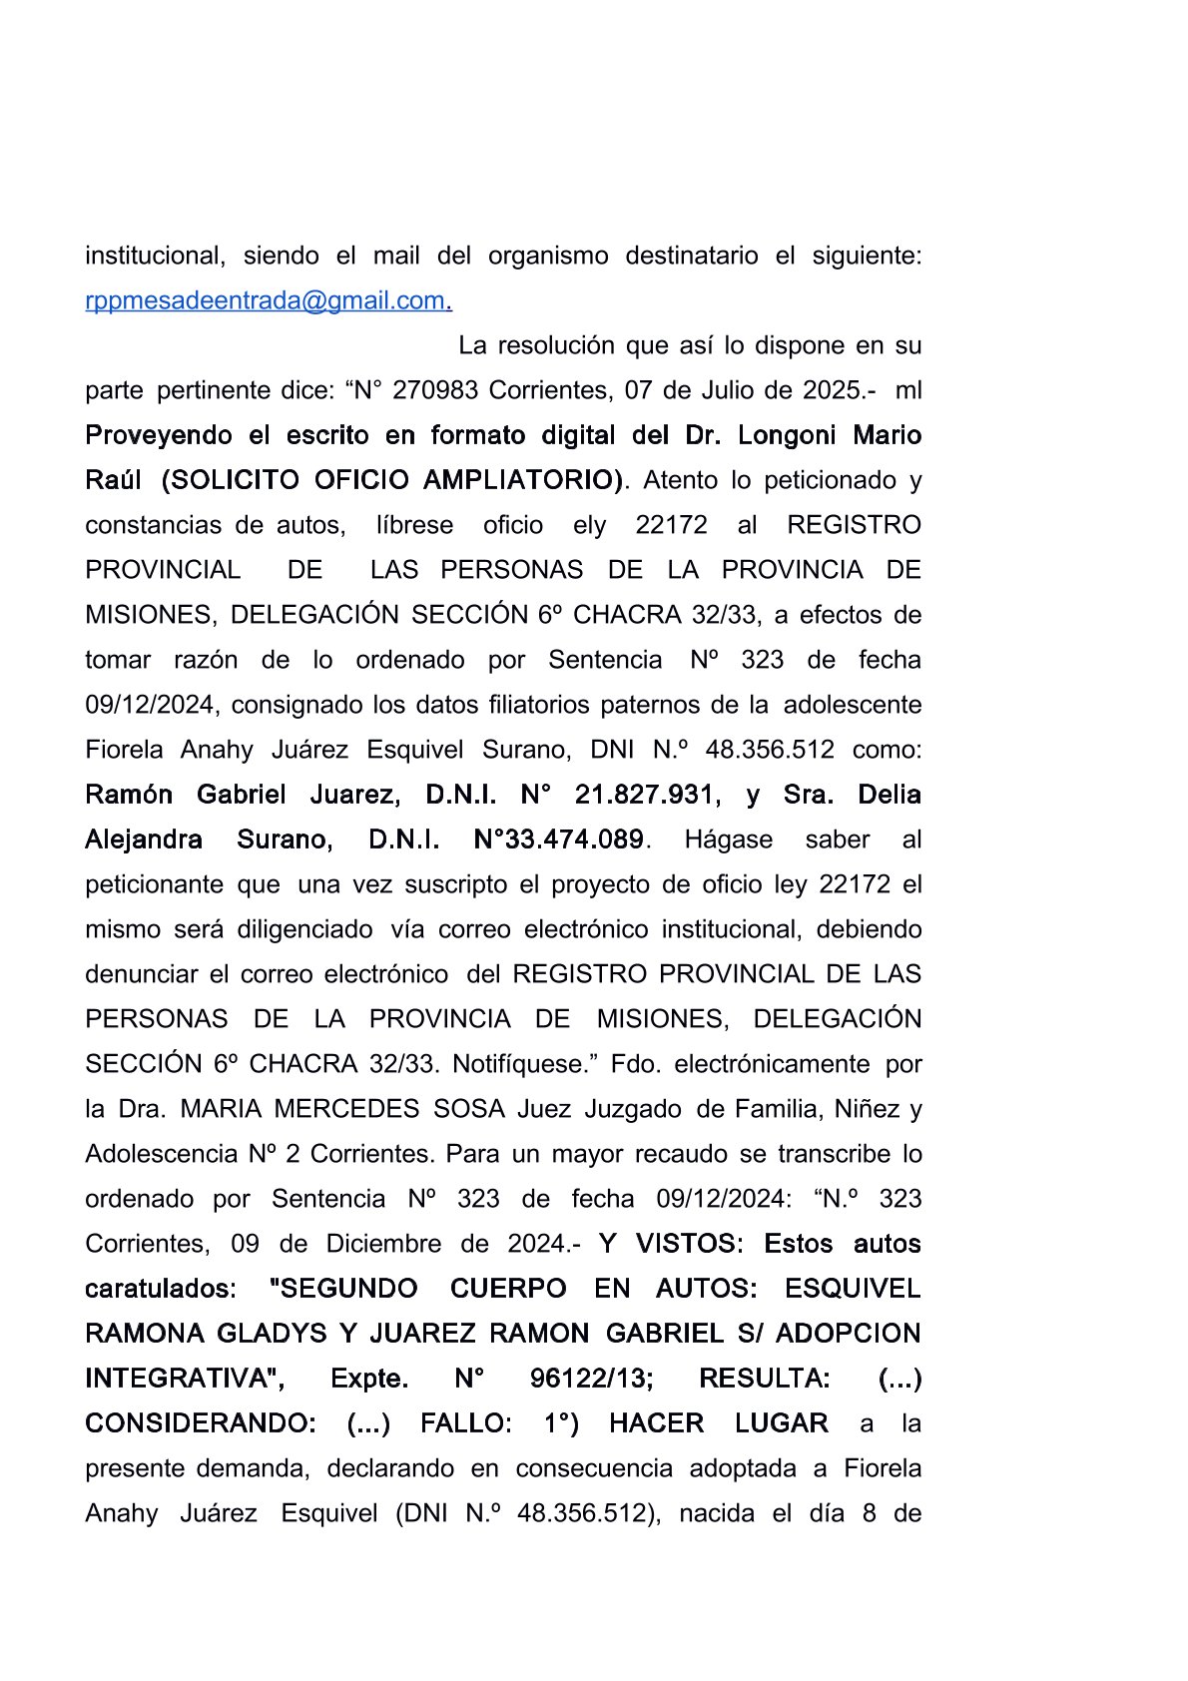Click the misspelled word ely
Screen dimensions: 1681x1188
tap(589, 525)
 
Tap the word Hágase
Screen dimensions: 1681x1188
tap(728, 840)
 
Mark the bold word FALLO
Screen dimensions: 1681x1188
tap(465, 1423)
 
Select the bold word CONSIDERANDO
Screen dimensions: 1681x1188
tap(200, 1423)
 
